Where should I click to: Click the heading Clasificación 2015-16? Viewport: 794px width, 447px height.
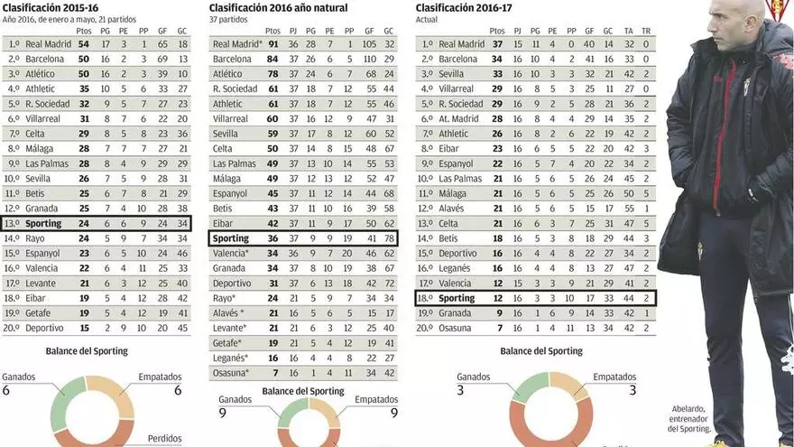coord(51,8)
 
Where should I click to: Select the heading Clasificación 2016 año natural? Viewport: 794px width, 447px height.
coord(278,8)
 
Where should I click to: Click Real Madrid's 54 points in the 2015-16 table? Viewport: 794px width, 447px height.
coord(84,43)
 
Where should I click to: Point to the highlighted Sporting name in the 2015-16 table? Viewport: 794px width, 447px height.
coord(43,223)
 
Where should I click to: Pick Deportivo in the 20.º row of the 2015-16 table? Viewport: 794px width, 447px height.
coord(45,327)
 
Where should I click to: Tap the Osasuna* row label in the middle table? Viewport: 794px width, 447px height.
coord(231,373)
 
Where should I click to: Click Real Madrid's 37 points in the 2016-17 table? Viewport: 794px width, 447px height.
coord(496,43)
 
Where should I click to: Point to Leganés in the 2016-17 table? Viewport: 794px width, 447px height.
coord(457,268)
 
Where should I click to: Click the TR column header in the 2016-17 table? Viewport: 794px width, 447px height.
coord(645,30)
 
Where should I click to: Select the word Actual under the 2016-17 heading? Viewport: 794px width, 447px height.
coord(427,19)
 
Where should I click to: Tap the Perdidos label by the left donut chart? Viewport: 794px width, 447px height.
coord(165,439)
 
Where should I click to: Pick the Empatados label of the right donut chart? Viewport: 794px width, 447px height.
coord(614,377)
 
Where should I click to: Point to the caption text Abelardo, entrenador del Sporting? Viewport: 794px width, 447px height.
coord(689,418)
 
